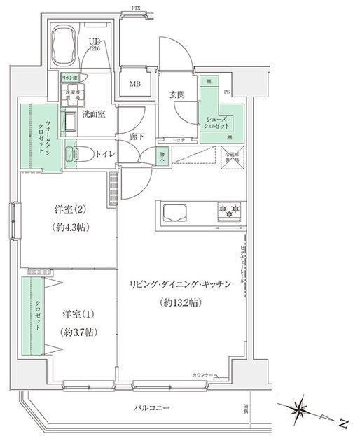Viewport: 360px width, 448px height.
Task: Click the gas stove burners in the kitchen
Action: (x=230, y=209)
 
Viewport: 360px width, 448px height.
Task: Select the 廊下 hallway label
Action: (x=137, y=136)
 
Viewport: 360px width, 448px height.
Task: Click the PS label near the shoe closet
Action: (x=226, y=91)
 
